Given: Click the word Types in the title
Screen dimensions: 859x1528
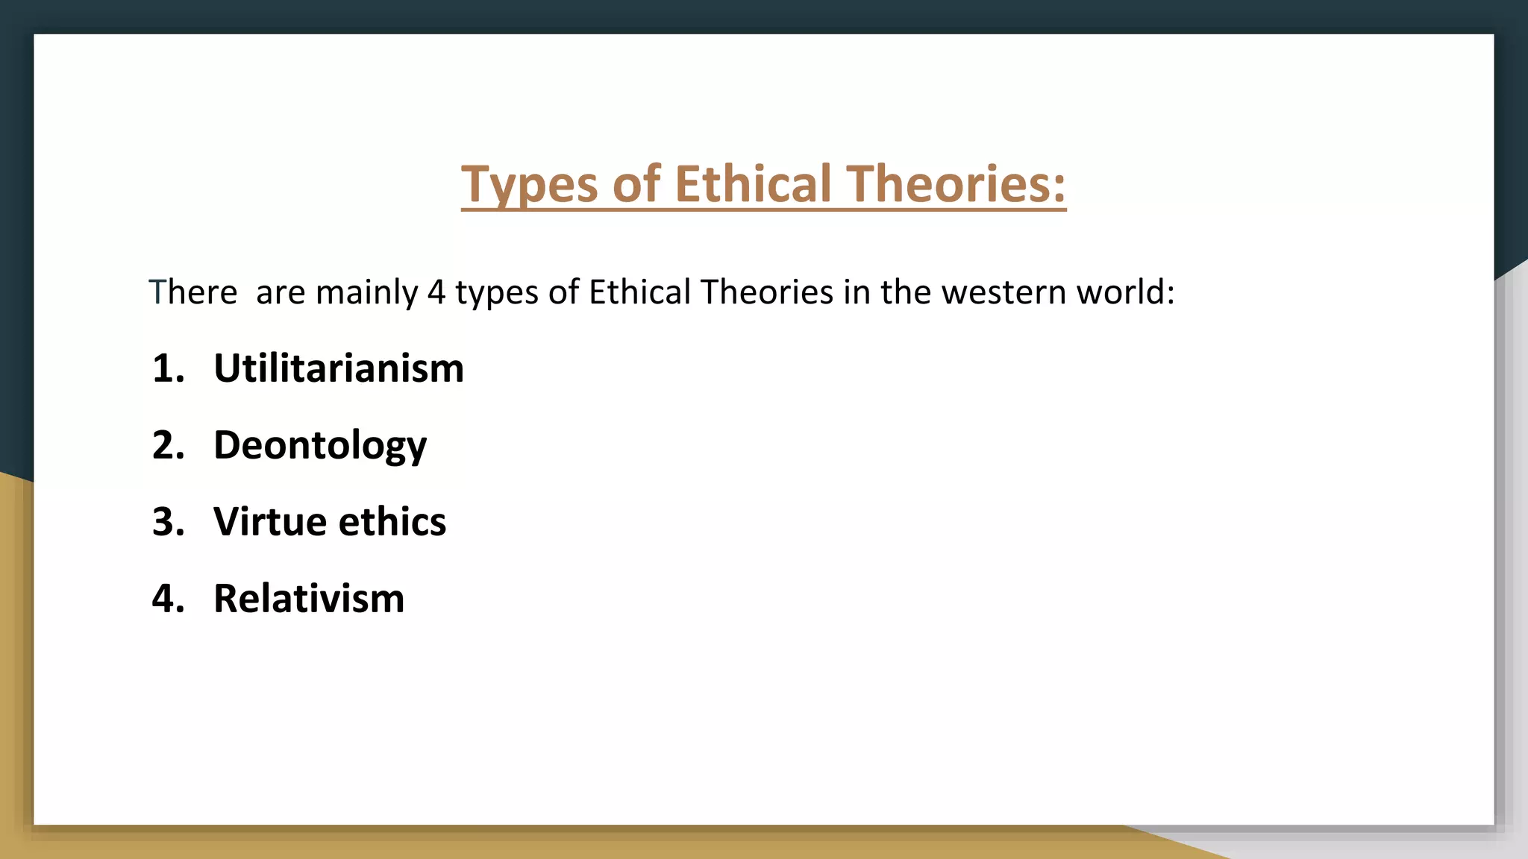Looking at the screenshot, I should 530,184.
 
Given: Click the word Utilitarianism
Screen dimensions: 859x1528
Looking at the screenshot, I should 338,368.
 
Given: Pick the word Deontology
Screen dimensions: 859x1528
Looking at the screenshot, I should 320,445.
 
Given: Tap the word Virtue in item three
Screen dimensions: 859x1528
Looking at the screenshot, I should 269,521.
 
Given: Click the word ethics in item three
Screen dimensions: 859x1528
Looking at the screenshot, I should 392,521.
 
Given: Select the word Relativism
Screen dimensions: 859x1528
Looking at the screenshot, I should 309,598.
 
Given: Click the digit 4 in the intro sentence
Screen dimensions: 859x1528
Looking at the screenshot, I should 436,292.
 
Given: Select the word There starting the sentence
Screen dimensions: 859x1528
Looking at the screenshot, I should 192,292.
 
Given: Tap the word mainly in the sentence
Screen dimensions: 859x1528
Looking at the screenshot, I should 366,292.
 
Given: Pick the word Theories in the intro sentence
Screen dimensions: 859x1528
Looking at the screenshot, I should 767,292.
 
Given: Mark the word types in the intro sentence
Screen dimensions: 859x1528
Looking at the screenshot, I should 497,292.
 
